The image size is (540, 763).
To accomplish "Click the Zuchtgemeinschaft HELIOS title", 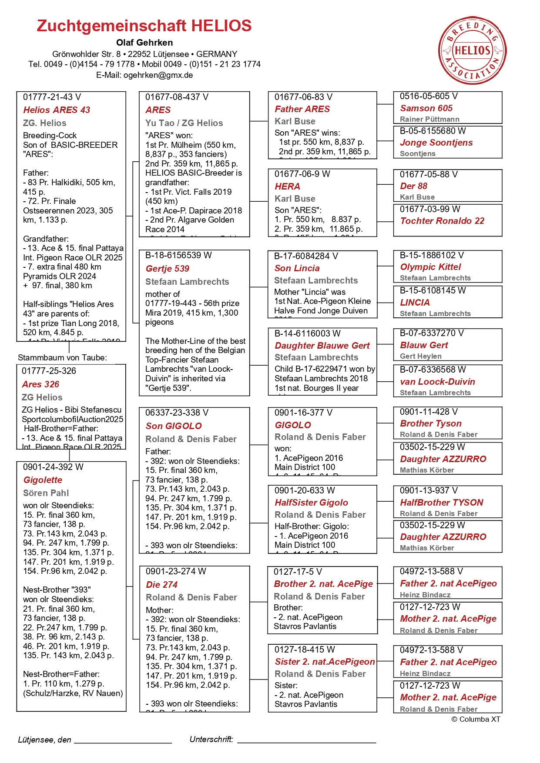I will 144,26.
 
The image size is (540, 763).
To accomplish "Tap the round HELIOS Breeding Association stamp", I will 472,50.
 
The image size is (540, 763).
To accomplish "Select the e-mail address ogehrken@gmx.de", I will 158,75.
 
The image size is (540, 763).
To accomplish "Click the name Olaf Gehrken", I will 144,43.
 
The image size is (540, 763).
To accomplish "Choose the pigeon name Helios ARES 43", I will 57,110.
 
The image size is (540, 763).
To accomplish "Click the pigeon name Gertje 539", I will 168,269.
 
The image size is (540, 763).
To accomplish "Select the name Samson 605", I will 426,108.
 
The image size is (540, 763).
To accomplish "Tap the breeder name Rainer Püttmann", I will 429,119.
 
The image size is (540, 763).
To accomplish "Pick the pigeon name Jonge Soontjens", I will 436,143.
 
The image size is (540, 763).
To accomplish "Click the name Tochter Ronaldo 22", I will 442,221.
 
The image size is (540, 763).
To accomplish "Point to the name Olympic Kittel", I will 430,267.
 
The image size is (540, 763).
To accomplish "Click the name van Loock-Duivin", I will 437,382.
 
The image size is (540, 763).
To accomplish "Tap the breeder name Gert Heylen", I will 420,356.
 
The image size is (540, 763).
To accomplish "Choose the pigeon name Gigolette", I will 43,480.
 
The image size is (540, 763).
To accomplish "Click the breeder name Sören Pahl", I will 46,493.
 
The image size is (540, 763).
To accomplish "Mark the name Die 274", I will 161,585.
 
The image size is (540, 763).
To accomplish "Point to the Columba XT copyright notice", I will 476,719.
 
